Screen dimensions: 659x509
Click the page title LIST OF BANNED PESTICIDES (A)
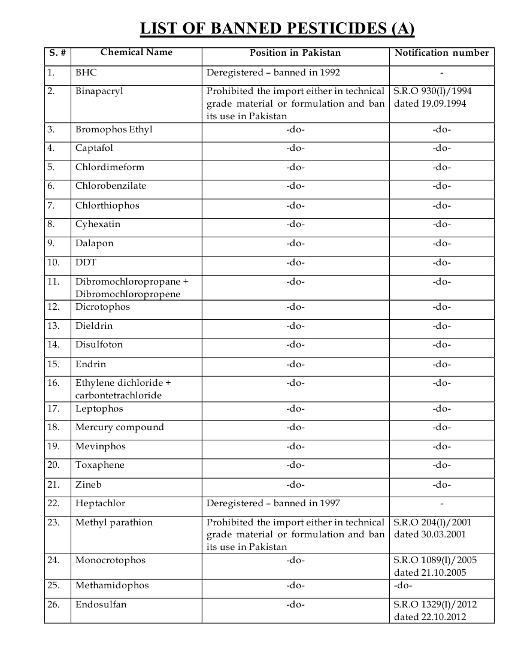coord(277,29)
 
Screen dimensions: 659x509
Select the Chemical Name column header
coord(137,52)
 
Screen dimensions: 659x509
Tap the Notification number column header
coord(441,53)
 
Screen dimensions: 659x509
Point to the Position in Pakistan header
coord(295,53)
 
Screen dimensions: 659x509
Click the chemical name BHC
coord(86,72)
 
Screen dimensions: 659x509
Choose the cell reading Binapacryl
coord(99,91)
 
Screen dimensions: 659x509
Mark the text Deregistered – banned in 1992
coord(273,72)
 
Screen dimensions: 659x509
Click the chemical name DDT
coord(86,262)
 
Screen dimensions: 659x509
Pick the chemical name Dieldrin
coord(94,326)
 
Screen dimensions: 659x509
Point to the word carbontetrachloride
coord(119,395)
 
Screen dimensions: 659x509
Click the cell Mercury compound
coord(119,427)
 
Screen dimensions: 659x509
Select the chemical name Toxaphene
coord(100,465)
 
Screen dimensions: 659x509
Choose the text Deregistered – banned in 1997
coord(273,503)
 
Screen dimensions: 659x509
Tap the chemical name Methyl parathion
coord(114,522)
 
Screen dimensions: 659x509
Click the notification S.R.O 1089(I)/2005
coord(435,560)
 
